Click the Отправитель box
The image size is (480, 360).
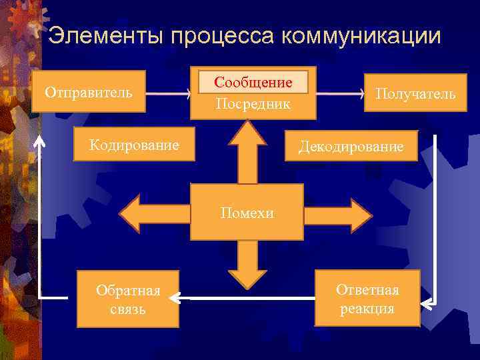(x=89, y=91)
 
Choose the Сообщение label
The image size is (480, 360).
(x=253, y=82)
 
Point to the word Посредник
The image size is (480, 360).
(x=253, y=104)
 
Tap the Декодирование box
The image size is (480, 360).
(x=351, y=146)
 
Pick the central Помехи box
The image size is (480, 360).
(x=247, y=213)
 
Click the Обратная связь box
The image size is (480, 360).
(x=128, y=299)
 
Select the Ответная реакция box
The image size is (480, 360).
(x=367, y=298)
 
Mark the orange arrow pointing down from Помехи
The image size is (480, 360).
(x=247, y=264)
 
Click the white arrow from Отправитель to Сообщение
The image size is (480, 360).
(x=167, y=95)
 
